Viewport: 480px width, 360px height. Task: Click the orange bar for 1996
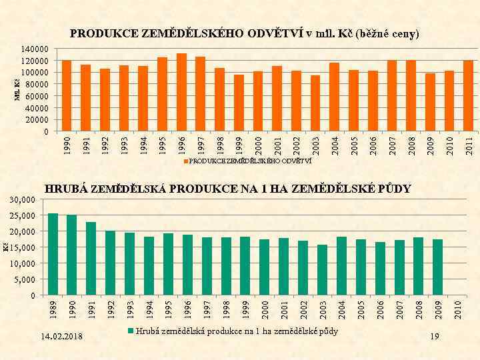pos(181,92)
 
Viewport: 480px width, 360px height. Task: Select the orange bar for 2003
pos(315,103)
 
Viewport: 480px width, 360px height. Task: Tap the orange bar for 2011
pos(469,95)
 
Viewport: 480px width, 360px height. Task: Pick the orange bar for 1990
pos(66,95)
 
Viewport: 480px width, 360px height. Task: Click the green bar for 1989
pos(53,254)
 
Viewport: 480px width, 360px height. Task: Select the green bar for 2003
pos(322,270)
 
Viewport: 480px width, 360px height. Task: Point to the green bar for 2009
pos(437,267)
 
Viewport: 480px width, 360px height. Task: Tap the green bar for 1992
pos(111,263)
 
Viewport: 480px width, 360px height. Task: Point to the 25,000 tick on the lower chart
pos(23,216)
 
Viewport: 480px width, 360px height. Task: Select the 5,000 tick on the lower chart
pos(25,280)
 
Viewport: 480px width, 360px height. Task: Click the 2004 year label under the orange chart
pos(335,145)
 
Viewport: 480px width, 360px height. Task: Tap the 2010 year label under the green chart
pos(457,309)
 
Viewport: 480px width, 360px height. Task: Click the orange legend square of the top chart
pos(186,161)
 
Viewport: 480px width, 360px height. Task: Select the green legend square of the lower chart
pos(131,331)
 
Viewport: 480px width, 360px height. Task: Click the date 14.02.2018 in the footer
pos(61,337)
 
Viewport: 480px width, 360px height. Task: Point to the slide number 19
pos(435,337)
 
